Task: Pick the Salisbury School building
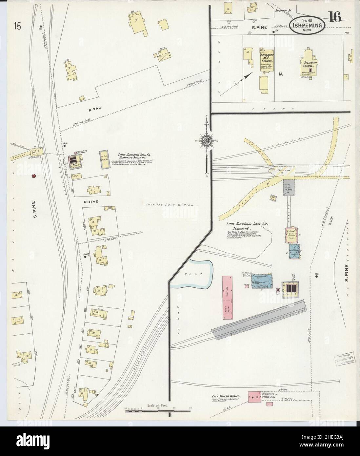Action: point(309,66)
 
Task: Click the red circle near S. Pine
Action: point(33,176)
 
